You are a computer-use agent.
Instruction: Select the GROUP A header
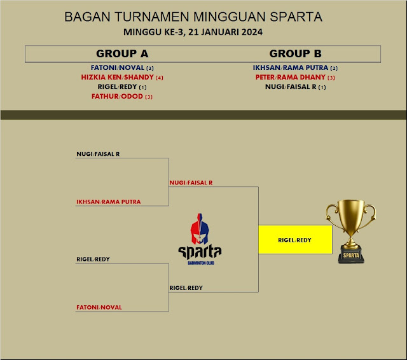pos(122,53)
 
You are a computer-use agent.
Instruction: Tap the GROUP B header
pos(295,53)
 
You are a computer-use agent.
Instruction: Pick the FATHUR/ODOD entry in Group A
pos(117,97)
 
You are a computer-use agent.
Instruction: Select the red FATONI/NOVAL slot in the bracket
pos(99,308)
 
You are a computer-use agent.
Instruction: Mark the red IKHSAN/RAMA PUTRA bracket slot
pos(108,202)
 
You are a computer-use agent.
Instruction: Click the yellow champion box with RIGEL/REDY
pos(294,240)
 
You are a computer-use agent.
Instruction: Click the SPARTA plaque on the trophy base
pos(351,255)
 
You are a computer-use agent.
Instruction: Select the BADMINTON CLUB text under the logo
pos(200,261)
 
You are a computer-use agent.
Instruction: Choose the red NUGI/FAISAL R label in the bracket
pos(191,183)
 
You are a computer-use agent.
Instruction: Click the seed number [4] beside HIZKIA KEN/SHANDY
pos(160,78)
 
